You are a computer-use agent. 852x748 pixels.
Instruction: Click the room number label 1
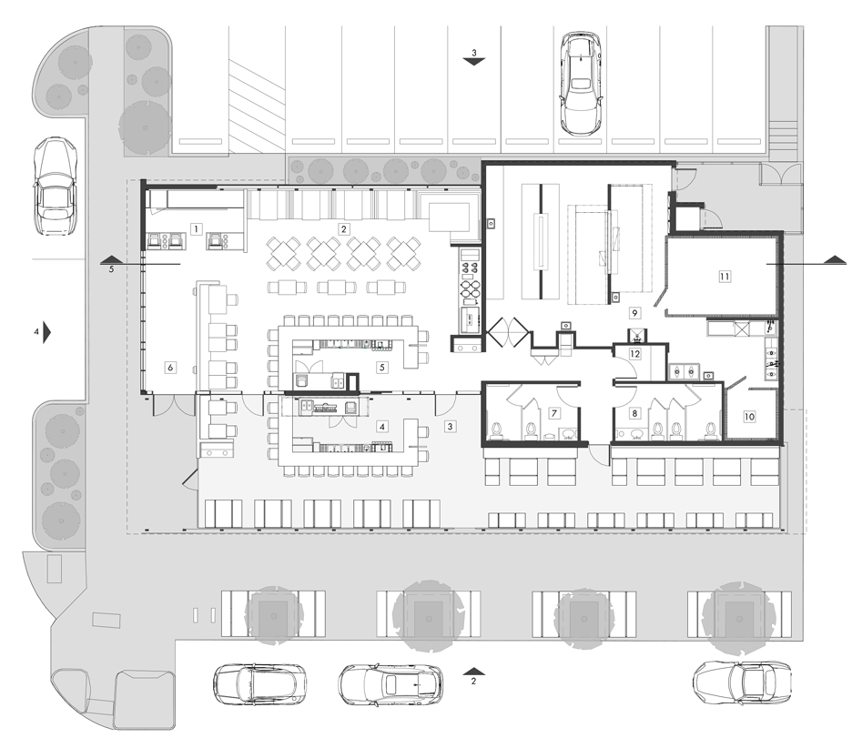point(196,228)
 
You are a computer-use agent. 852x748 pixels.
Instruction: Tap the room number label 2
point(343,228)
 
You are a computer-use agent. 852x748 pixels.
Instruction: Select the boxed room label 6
point(170,368)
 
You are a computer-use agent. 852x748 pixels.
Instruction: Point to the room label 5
point(382,368)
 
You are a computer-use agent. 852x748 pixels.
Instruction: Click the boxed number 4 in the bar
point(382,427)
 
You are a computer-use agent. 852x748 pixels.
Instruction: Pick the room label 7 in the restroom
point(554,413)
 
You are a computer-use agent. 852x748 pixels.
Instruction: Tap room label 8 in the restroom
point(634,413)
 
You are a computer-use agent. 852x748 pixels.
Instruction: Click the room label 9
point(634,313)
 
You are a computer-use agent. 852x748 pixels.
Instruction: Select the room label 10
point(749,417)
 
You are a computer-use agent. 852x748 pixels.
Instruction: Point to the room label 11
point(725,277)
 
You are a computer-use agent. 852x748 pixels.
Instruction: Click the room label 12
point(634,354)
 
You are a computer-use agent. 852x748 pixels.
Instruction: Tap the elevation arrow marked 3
point(474,61)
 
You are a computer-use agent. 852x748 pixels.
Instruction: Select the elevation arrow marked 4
point(46,331)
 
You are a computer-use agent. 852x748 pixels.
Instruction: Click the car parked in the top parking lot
point(581,83)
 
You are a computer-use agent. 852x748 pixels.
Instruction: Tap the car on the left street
point(56,186)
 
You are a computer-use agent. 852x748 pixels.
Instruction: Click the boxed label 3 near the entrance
point(450,427)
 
